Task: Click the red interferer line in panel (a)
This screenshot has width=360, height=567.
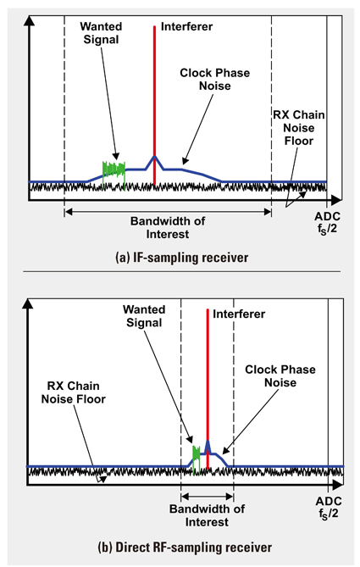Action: pyautogui.click(x=154, y=105)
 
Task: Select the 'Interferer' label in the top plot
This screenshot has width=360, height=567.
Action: pyautogui.click(x=186, y=26)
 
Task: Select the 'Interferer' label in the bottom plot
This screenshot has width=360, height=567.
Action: pyautogui.click(x=239, y=314)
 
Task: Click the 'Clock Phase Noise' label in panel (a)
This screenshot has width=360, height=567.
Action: pyautogui.click(x=214, y=79)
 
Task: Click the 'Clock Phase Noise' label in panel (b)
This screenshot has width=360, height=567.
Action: pyautogui.click(x=280, y=376)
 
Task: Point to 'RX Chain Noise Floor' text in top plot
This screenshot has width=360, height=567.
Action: pyautogui.click(x=298, y=128)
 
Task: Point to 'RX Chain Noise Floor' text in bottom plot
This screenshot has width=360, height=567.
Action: pyautogui.click(x=74, y=392)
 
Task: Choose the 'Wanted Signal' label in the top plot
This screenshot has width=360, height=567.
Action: pyautogui.click(x=101, y=32)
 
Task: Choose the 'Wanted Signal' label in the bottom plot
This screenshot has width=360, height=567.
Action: pyautogui.click(x=144, y=316)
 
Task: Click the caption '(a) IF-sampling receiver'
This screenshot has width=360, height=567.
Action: pyautogui.click(x=182, y=258)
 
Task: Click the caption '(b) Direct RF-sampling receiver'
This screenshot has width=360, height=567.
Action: pyautogui.click(x=185, y=547)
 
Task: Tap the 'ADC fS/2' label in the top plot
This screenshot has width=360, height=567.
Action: pyautogui.click(x=327, y=223)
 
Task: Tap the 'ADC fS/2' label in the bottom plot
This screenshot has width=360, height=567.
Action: pyautogui.click(x=329, y=508)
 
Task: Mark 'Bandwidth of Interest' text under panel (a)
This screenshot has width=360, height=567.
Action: pyautogui.click(x=168, y=227)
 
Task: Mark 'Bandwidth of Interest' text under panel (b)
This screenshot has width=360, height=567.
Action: pyautogui.click(x=207, y=515)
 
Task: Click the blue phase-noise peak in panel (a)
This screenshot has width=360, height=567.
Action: pyautogui.click(x=155, y=158)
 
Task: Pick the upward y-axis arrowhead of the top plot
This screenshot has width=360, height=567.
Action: pyautogui.click(x=29, y=21)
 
